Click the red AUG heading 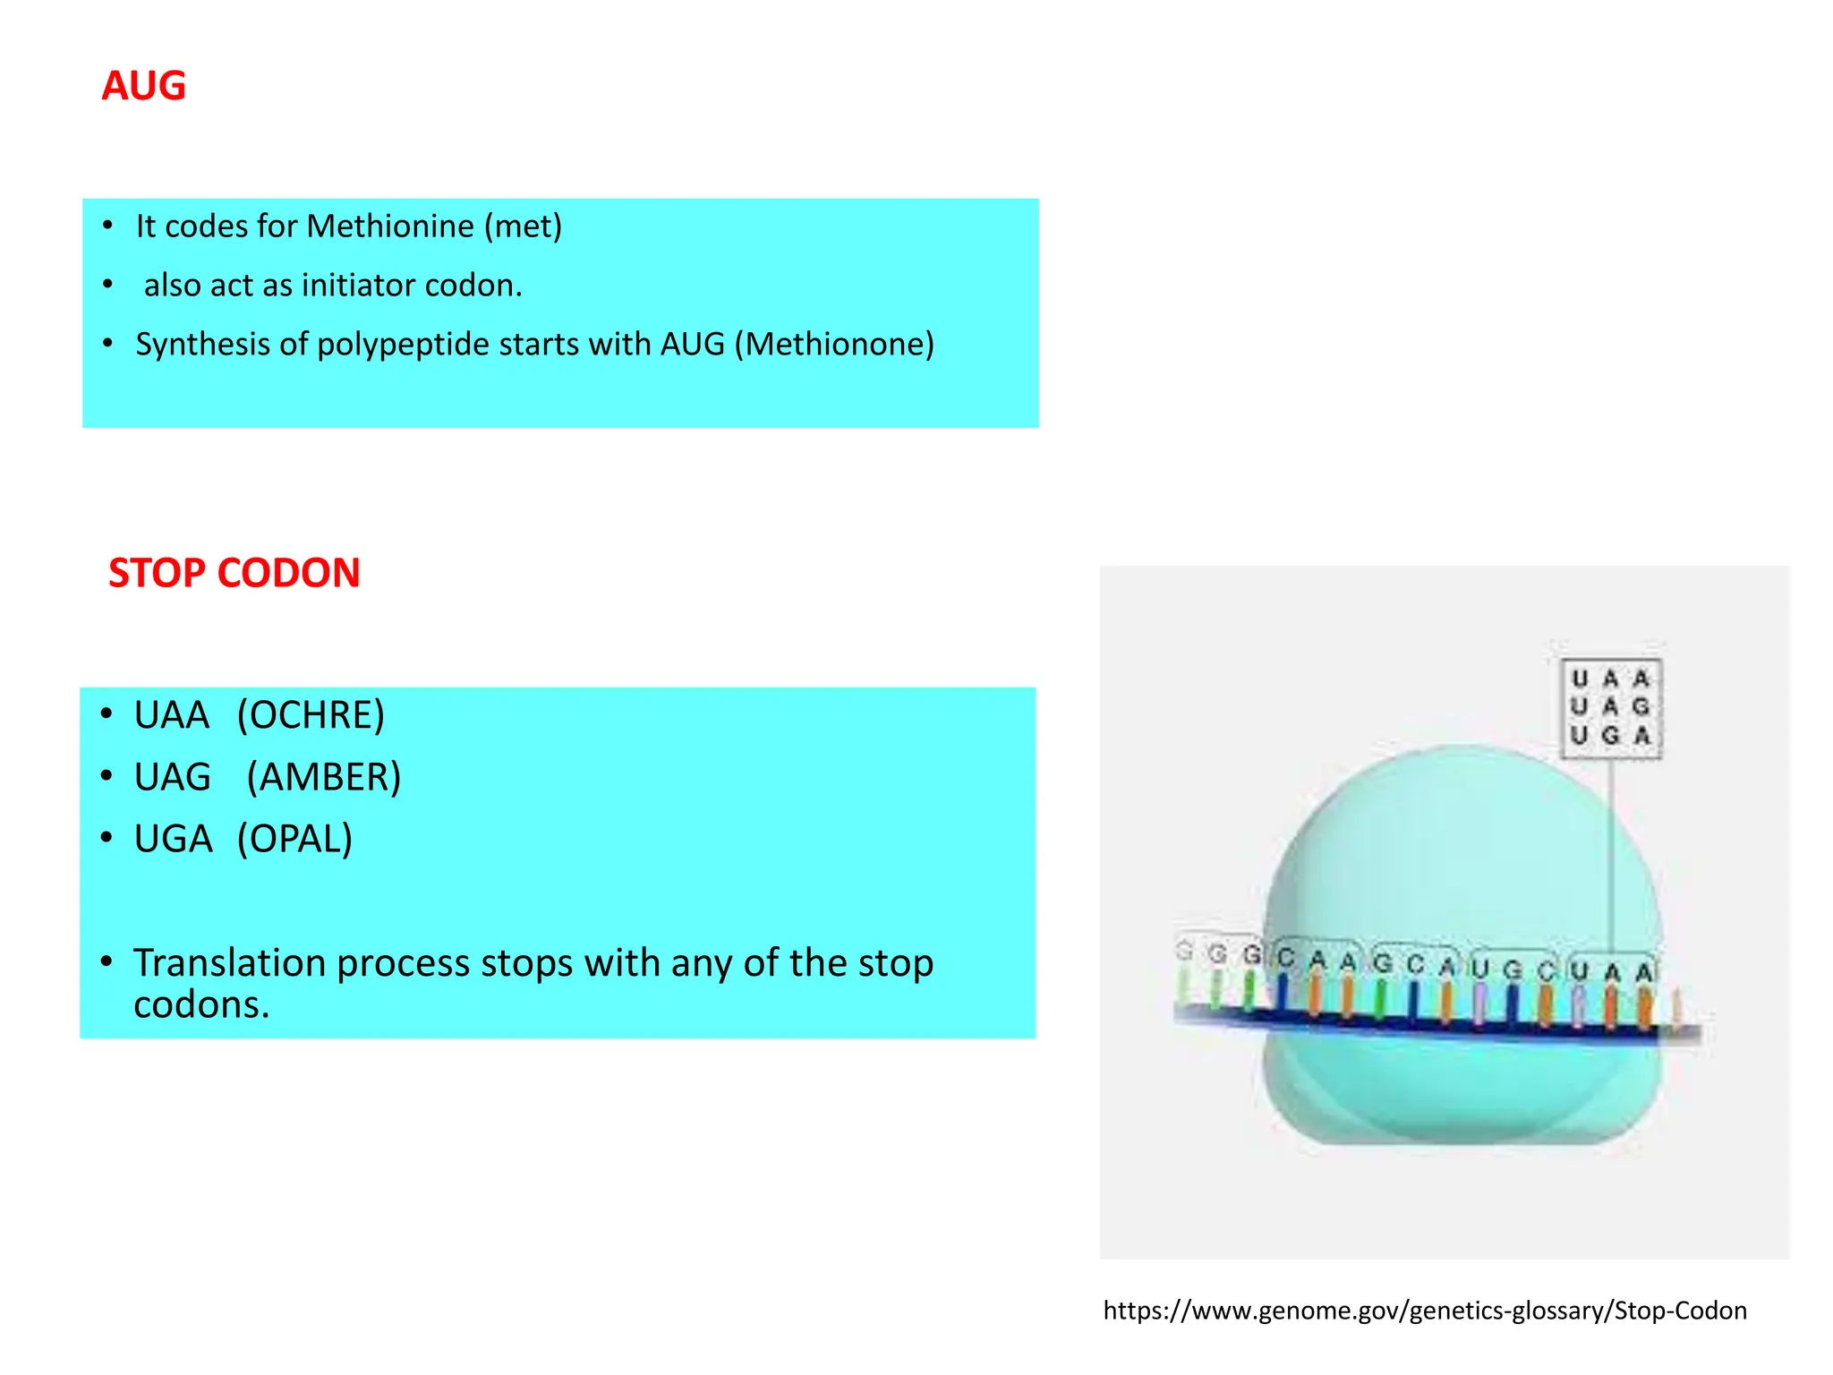click(143, 86)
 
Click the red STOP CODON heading click(234, 573)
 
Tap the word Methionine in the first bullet click(391, 226)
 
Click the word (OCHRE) click(311, 715)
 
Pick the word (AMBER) click(323, 777)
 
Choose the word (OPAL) click(294, 839)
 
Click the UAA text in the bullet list click(171, 715)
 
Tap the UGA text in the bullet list click(173, 839)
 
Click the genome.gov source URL click(1424, 1311)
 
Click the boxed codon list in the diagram click(1610, 709)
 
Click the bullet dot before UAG click(107, 776)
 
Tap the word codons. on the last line click(201, 1005)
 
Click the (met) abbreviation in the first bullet click(523, 226)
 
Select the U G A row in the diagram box click(1610, 736)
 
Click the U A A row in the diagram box click(1610, 679)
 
